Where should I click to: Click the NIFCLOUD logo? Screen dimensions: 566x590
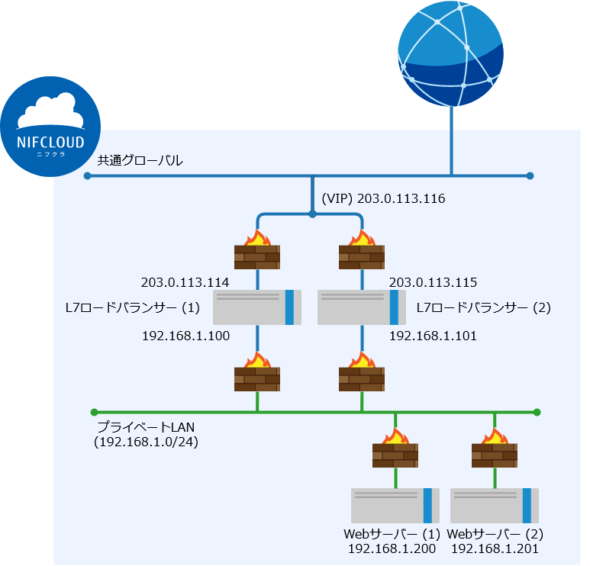click(50, 125)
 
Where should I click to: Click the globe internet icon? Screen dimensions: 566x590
click(450, 54)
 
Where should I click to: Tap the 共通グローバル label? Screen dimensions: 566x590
click(140, 161)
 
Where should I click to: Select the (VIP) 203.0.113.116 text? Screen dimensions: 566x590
click(382, 198)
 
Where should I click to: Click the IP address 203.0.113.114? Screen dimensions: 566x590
click(185, 282)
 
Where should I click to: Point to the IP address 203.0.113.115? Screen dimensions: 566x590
click(433, 282)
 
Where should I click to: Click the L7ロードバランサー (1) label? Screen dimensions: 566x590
click(134, 307)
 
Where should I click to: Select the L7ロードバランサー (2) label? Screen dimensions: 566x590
click(483, 307)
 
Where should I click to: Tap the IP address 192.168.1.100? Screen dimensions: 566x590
click(185, 335)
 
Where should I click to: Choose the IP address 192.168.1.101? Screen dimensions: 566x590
click(433, 335)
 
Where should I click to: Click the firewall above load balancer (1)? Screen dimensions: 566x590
click(257, 250)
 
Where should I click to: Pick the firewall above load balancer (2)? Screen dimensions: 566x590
click(362, 250)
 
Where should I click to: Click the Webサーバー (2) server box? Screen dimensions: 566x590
click(495, 505)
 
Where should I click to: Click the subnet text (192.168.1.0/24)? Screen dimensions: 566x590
click(146, 442)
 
